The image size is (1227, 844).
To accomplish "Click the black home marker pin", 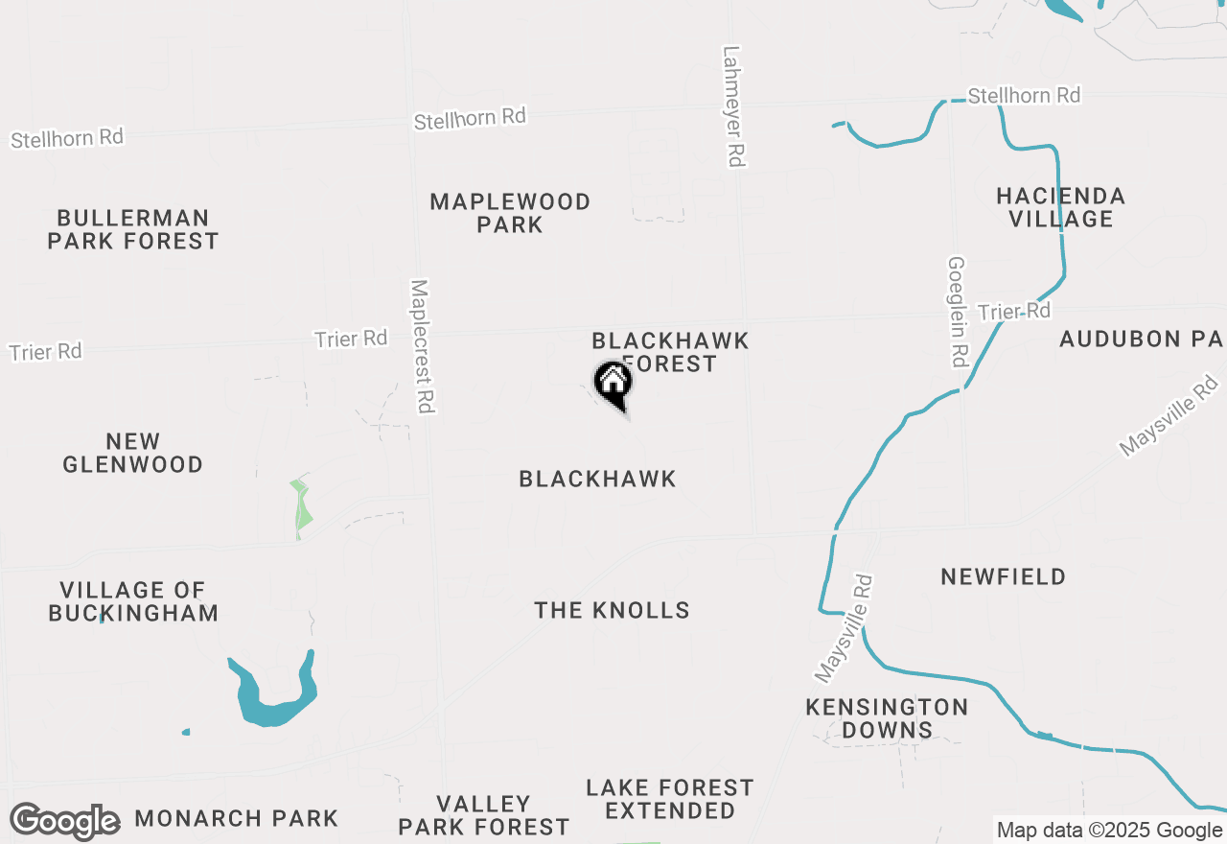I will pyautogui.click(x=613, y=384).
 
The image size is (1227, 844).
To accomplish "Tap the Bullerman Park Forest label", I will pyautogui.click(x=133, y=229).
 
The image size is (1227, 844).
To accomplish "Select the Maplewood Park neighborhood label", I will pyautogui.click(x=510, y=213).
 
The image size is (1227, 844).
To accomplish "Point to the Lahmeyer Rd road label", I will pyautogui.click(x=733, y=106).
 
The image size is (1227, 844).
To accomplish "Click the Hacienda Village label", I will pyautogui.click(x=1060, y=207).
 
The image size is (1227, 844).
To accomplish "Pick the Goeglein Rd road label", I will pyautogui.click(x=958, y=312).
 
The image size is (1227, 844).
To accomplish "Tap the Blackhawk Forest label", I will pyautogui.click(x=670, y=351).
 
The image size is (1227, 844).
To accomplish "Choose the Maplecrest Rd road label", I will pyautogui.click(x=422, y=346).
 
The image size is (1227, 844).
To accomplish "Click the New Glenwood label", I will pyautogui.click(x=133, y=453).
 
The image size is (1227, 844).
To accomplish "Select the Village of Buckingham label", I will pyautogui.click(x=133, y=601).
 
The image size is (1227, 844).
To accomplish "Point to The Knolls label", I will pyautogui.click(x=613, y=610).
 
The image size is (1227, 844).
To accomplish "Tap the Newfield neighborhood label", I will pyautogui.click(x=1003, y=576).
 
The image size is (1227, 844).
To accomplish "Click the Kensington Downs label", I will pyautogui.click(x=887, y=718).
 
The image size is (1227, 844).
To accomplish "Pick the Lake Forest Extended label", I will pyautogui.click(x=670, y=799).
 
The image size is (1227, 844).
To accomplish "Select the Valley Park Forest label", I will pyautogui.click(x=484, y=814).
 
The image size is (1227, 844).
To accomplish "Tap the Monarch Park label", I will pyautogui.click(x=237, y=818).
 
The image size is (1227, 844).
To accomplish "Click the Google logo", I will pyautogui.click(x=64, y=822).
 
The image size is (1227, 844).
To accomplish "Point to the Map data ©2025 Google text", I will pyautogui.click(x=1109, y=831).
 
